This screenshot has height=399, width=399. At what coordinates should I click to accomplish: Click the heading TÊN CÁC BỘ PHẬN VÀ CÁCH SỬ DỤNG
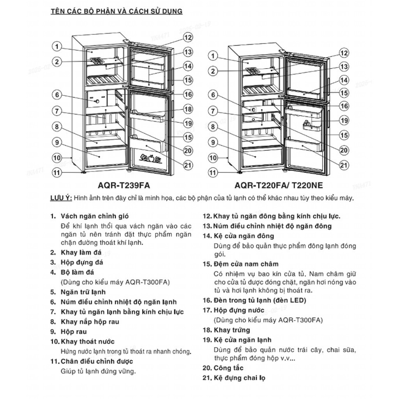(117, 11)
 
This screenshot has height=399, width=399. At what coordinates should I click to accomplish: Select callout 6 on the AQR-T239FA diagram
(57, 95)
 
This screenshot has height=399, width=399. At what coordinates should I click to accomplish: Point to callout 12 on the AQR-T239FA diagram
(188, 37)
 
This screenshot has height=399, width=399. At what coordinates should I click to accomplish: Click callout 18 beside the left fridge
(188, 109)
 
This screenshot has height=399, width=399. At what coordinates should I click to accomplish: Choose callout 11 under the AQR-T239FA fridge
(57, 172)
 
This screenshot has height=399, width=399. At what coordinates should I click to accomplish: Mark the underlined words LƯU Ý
(61, 198)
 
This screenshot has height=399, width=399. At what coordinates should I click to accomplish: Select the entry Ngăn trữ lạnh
(83, 292)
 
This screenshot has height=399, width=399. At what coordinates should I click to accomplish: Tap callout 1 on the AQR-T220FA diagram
(213, 56)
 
